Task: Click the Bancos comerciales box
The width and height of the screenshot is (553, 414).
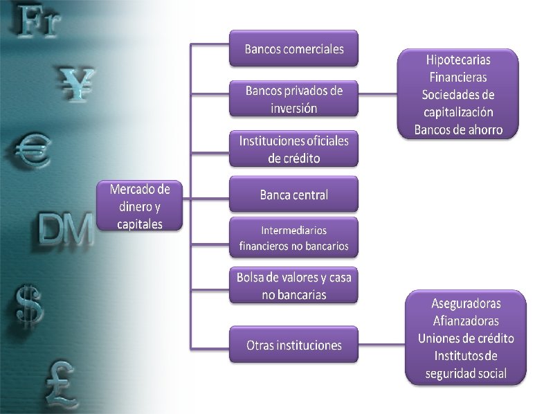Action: pyautogui.click(x=293, y=49)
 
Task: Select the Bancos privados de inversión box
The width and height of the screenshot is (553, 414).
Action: pyautogui.click(x=293, y=99)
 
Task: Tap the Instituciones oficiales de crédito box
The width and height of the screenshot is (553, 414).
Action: pyautogui.click(x=293, y=149)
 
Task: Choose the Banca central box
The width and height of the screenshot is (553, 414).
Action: pyautogui.click(x=293, y=195)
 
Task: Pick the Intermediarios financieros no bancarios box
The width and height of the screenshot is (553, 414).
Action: pyautogui.click(x=293, y=237)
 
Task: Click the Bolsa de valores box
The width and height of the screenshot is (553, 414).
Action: pyautogui.click(x=293, y=285)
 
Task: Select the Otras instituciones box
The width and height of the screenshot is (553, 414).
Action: pyautogui.click(x=293, y=345)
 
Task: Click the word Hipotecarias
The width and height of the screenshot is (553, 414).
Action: pyautogui.click(x=458, y=60)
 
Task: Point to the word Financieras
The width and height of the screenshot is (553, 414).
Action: pyautogui.click(x=458, y=77)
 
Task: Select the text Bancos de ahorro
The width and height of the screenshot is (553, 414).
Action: pyautogui.click(x=458, y=129)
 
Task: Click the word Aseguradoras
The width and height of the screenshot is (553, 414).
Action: pyautogui.click(x=466, y=303)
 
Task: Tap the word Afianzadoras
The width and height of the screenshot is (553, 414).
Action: pyautogui.click(x=466, y=321)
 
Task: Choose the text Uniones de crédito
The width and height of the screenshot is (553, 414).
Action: pyautogui.click(x=466, y=339)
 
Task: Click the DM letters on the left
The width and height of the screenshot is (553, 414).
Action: pyautogui.click(x=65, y=229)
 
